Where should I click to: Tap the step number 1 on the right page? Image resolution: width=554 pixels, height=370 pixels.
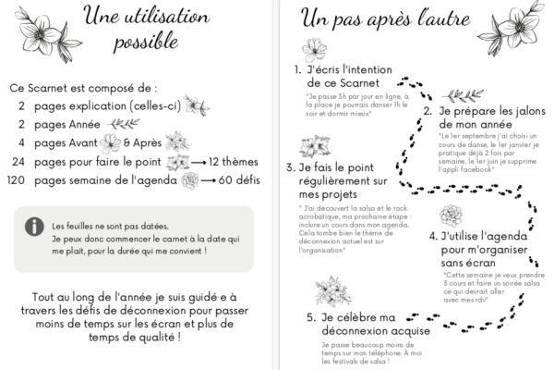(296, 68)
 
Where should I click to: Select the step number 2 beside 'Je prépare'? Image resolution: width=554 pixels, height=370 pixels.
(428, 111)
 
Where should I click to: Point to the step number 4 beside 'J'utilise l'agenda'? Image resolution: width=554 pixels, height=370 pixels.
(432, 235)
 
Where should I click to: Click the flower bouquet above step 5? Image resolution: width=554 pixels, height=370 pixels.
(331, 290)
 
